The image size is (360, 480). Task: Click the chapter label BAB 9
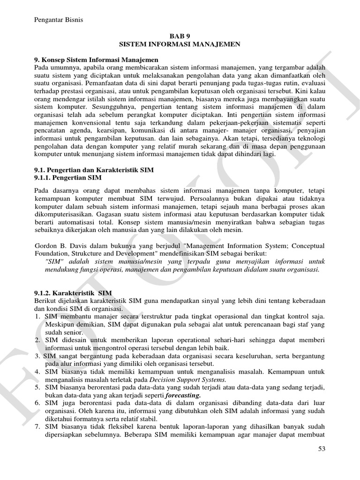coord(180,36)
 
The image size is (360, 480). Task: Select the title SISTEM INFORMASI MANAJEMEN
coord(180,44)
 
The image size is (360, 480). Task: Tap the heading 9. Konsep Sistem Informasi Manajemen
coord(96,60)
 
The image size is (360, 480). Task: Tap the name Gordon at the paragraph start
coord(47,246)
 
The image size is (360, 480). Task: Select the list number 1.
coord(37,316)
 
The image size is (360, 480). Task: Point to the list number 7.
coord(37,427)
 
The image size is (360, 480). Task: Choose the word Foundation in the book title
coord(52,254)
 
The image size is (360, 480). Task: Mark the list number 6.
coord(37,403)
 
